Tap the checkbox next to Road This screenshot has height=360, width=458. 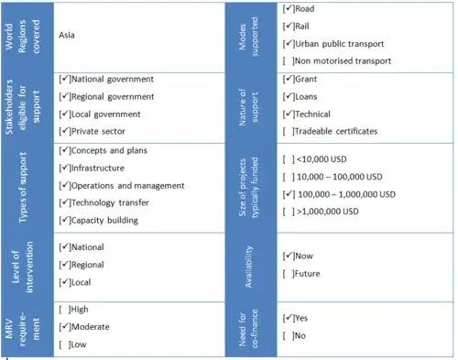pos(289,9)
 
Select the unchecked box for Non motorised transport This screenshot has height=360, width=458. pos(289,60)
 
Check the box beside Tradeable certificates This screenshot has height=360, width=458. pos(289,131)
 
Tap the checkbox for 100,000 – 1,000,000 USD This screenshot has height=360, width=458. pos(289,194)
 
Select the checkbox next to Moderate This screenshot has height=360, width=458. pos(63,326)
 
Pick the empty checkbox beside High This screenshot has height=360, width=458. pos(63,309)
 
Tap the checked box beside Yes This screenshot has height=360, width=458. pos(289,318)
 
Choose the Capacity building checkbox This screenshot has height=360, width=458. pos(63,220)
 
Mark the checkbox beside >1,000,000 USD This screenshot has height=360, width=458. pos(289,213)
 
